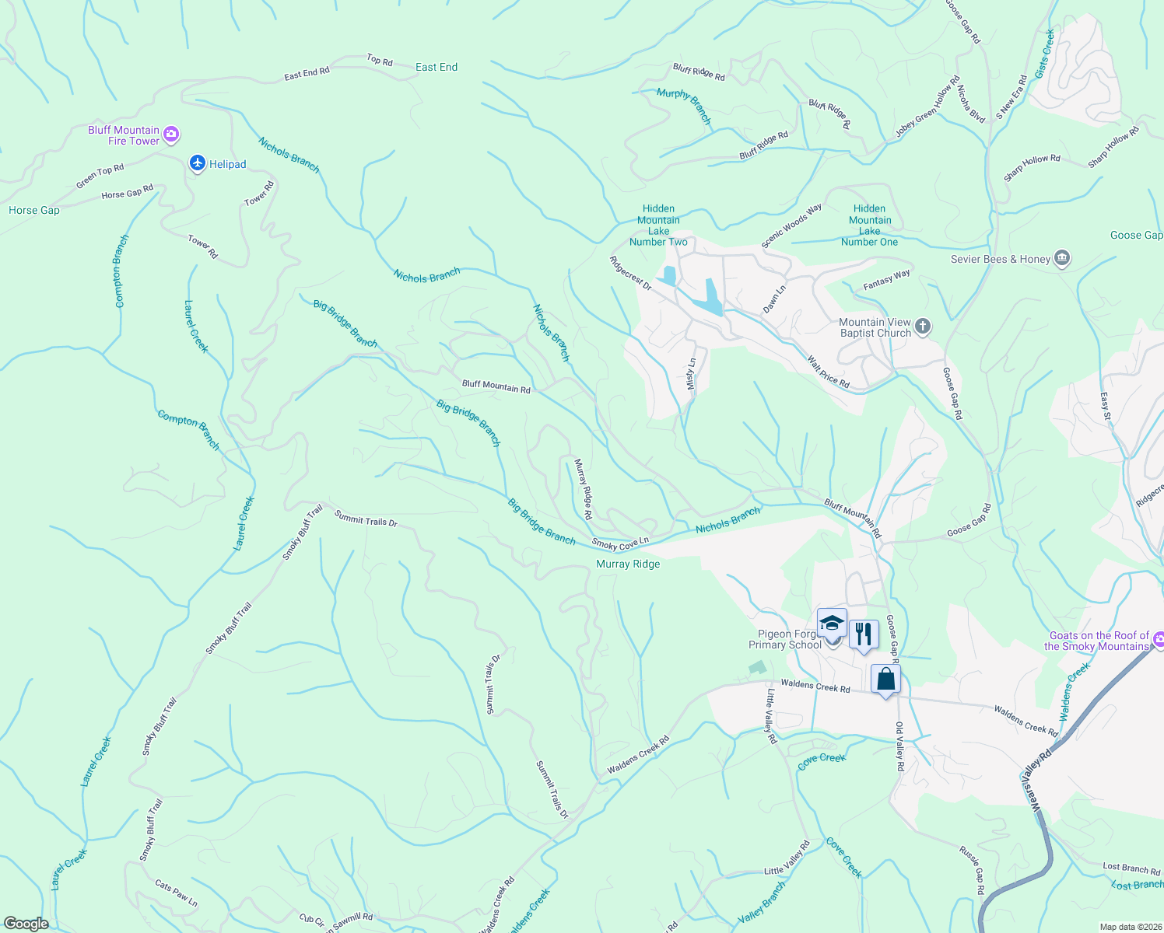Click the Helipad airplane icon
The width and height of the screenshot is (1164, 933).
198,163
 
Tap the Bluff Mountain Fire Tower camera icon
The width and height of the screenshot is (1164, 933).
172,135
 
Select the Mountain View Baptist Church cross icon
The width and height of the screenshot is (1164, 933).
922,327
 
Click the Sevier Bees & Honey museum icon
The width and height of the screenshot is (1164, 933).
1062,259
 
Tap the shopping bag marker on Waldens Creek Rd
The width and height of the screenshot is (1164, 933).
885,680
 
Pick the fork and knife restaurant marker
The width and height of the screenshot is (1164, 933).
863,634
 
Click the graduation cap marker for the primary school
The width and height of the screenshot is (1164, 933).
832,624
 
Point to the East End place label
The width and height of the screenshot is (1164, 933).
436,68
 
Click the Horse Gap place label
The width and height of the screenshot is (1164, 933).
34,211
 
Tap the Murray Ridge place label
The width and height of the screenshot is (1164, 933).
628,564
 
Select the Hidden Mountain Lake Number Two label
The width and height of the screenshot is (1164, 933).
658,225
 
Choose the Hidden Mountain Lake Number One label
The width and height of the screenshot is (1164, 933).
869,225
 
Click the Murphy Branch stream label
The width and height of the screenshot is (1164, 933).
684,106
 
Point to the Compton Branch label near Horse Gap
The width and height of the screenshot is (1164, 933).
121,271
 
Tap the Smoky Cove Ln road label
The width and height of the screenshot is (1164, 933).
620,543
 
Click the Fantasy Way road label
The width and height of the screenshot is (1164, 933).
886,280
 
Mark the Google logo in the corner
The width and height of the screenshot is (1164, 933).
26,924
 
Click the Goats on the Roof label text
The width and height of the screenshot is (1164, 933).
1098,641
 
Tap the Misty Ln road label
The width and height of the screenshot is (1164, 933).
691,375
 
